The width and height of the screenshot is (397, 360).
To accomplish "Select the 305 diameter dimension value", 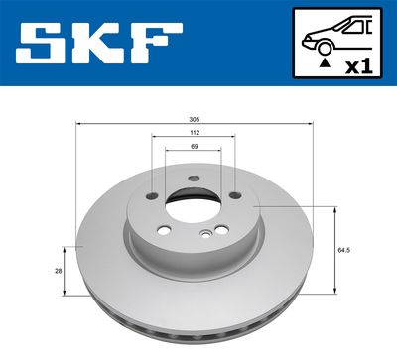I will pyautogui.click(x=194, y=119).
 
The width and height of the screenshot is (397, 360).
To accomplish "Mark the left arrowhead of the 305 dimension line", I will pyautogui.click(x=78, y=124).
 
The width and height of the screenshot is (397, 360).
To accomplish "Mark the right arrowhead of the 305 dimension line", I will pyautogui.click(x=312, y=124).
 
